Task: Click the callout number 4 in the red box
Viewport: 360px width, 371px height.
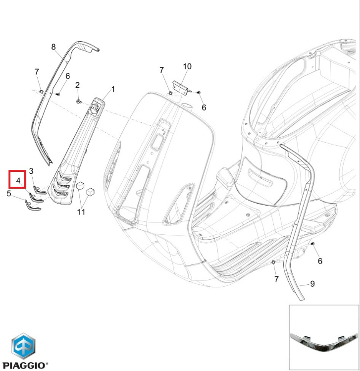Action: (18, 181)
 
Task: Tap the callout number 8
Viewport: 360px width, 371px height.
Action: (53, 47)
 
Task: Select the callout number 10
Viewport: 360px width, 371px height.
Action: (187, 66)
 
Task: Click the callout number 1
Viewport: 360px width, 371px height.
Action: (113, 89)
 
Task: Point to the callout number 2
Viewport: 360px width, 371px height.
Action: (77, 85)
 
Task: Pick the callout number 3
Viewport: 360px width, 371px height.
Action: (31, 171)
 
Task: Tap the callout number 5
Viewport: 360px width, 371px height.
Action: (9, 194)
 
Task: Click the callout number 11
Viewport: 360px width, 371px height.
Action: (81, 212)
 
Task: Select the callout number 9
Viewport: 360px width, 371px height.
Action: (312, 284)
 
